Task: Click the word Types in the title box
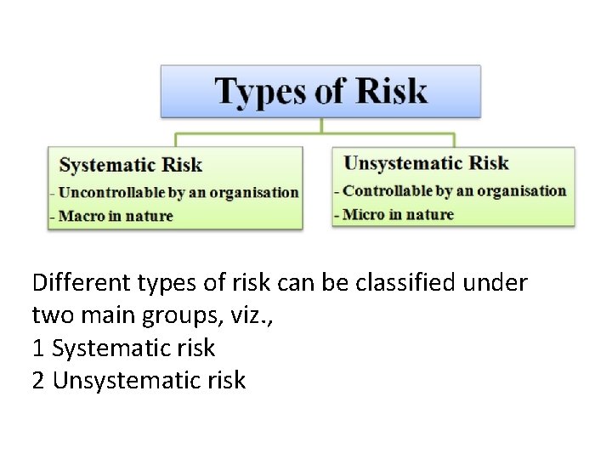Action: (x=259, y=92)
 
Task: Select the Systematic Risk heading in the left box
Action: (x=130, y=165)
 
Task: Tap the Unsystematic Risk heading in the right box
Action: (x=426, y=163)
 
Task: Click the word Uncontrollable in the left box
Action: (x=102, y=193)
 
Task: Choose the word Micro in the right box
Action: (x=363, y=214)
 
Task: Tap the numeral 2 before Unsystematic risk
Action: (x=38, y=381)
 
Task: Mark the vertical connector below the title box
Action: (x=321, y=125)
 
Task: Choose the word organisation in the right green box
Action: (x=521, y=191)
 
